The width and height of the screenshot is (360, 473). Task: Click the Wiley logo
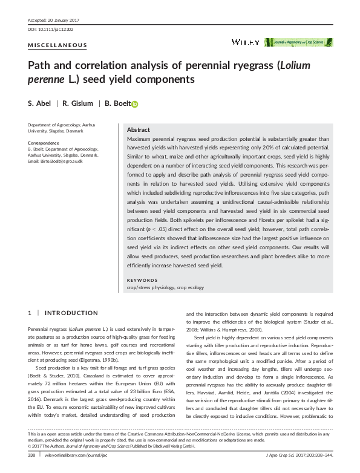click(x=246, y=42)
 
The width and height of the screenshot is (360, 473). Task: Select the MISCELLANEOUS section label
click(x=57, y=45)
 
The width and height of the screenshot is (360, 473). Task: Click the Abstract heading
click(x=139, y=130)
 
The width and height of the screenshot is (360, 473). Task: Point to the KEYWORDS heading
click(x=142, y=280)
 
